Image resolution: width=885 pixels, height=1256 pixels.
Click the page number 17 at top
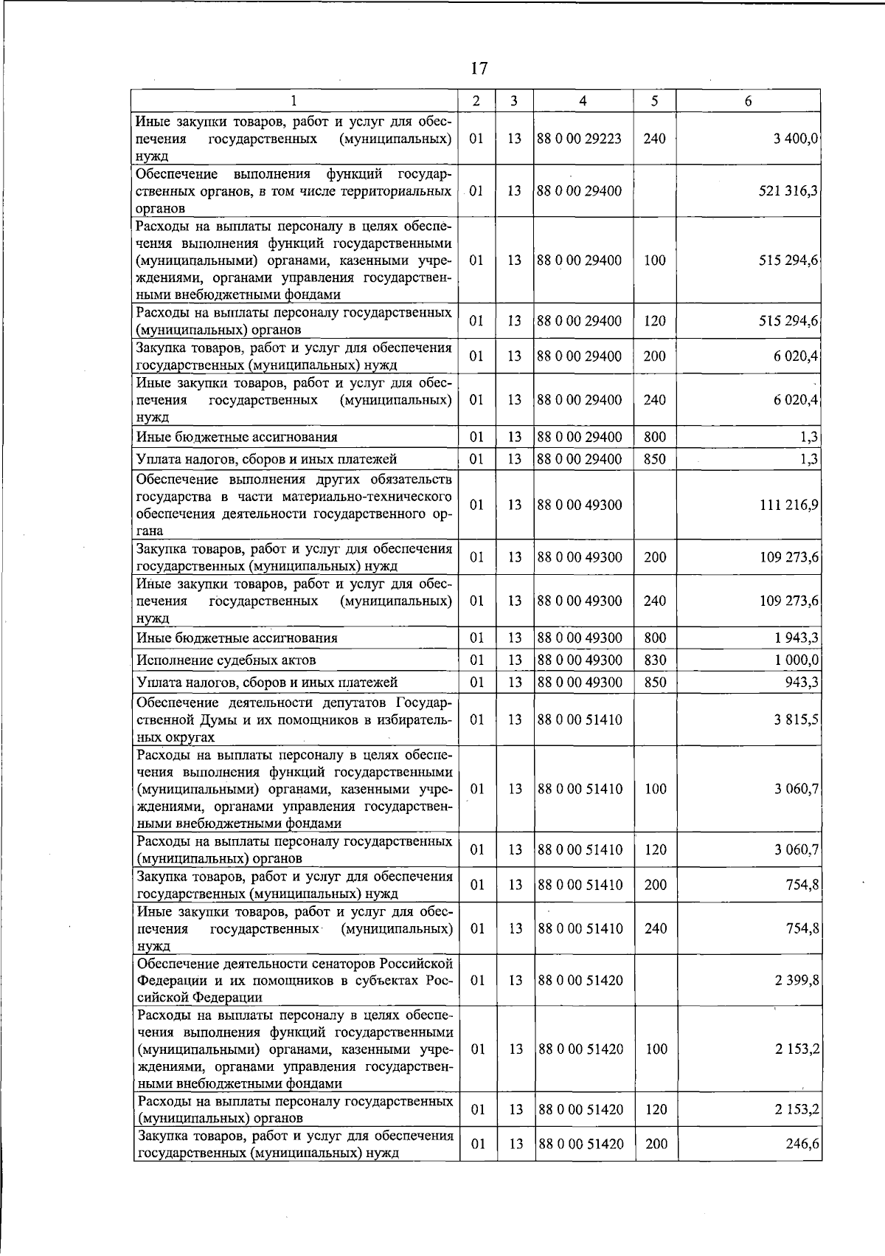click(x=479, y=69)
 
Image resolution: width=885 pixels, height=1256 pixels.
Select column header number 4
click(x=583, y=101)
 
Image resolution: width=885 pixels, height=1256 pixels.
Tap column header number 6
click(x=748, y=101)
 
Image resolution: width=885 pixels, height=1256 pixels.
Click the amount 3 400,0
click(x=796, y=138)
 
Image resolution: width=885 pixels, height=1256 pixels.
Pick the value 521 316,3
click(x=789, y=190)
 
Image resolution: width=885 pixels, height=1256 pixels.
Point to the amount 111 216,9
click(x=789, y=505)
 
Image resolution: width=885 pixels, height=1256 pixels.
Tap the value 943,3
click(x=802, y=682)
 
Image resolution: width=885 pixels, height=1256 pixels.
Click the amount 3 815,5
click(x=796, y=719)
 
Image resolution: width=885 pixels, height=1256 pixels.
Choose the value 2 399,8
click(x=796, y=980)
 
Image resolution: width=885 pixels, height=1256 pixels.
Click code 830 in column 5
click(x=655, y=660)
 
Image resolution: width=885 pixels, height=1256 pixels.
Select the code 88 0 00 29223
click(x=580, y=138)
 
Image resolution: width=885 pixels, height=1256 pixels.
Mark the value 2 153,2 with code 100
click(x=796, y=1049)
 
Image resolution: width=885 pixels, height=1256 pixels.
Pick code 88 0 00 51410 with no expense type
click(x=580, y=719)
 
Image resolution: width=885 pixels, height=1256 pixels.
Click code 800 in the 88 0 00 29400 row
click(x=655, y=437)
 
